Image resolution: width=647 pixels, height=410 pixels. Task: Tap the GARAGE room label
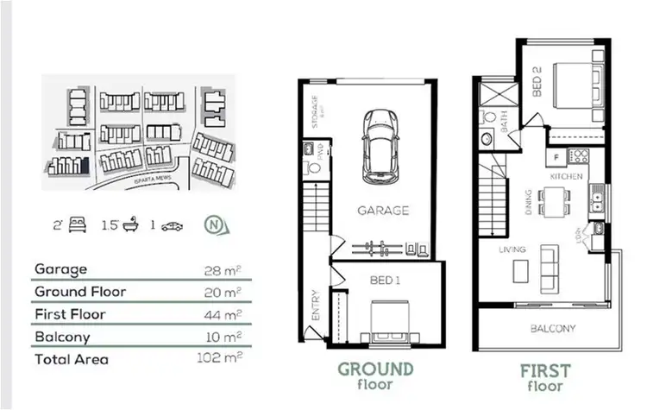[383, 210]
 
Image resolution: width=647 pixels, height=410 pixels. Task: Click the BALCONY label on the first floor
[554, 328]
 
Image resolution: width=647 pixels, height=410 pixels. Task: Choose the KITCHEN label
[567, 176]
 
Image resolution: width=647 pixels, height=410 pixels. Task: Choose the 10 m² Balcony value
[226, 336]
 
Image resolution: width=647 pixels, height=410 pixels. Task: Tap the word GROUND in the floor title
[375, 369]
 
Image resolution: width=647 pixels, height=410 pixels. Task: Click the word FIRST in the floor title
[545, 371]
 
